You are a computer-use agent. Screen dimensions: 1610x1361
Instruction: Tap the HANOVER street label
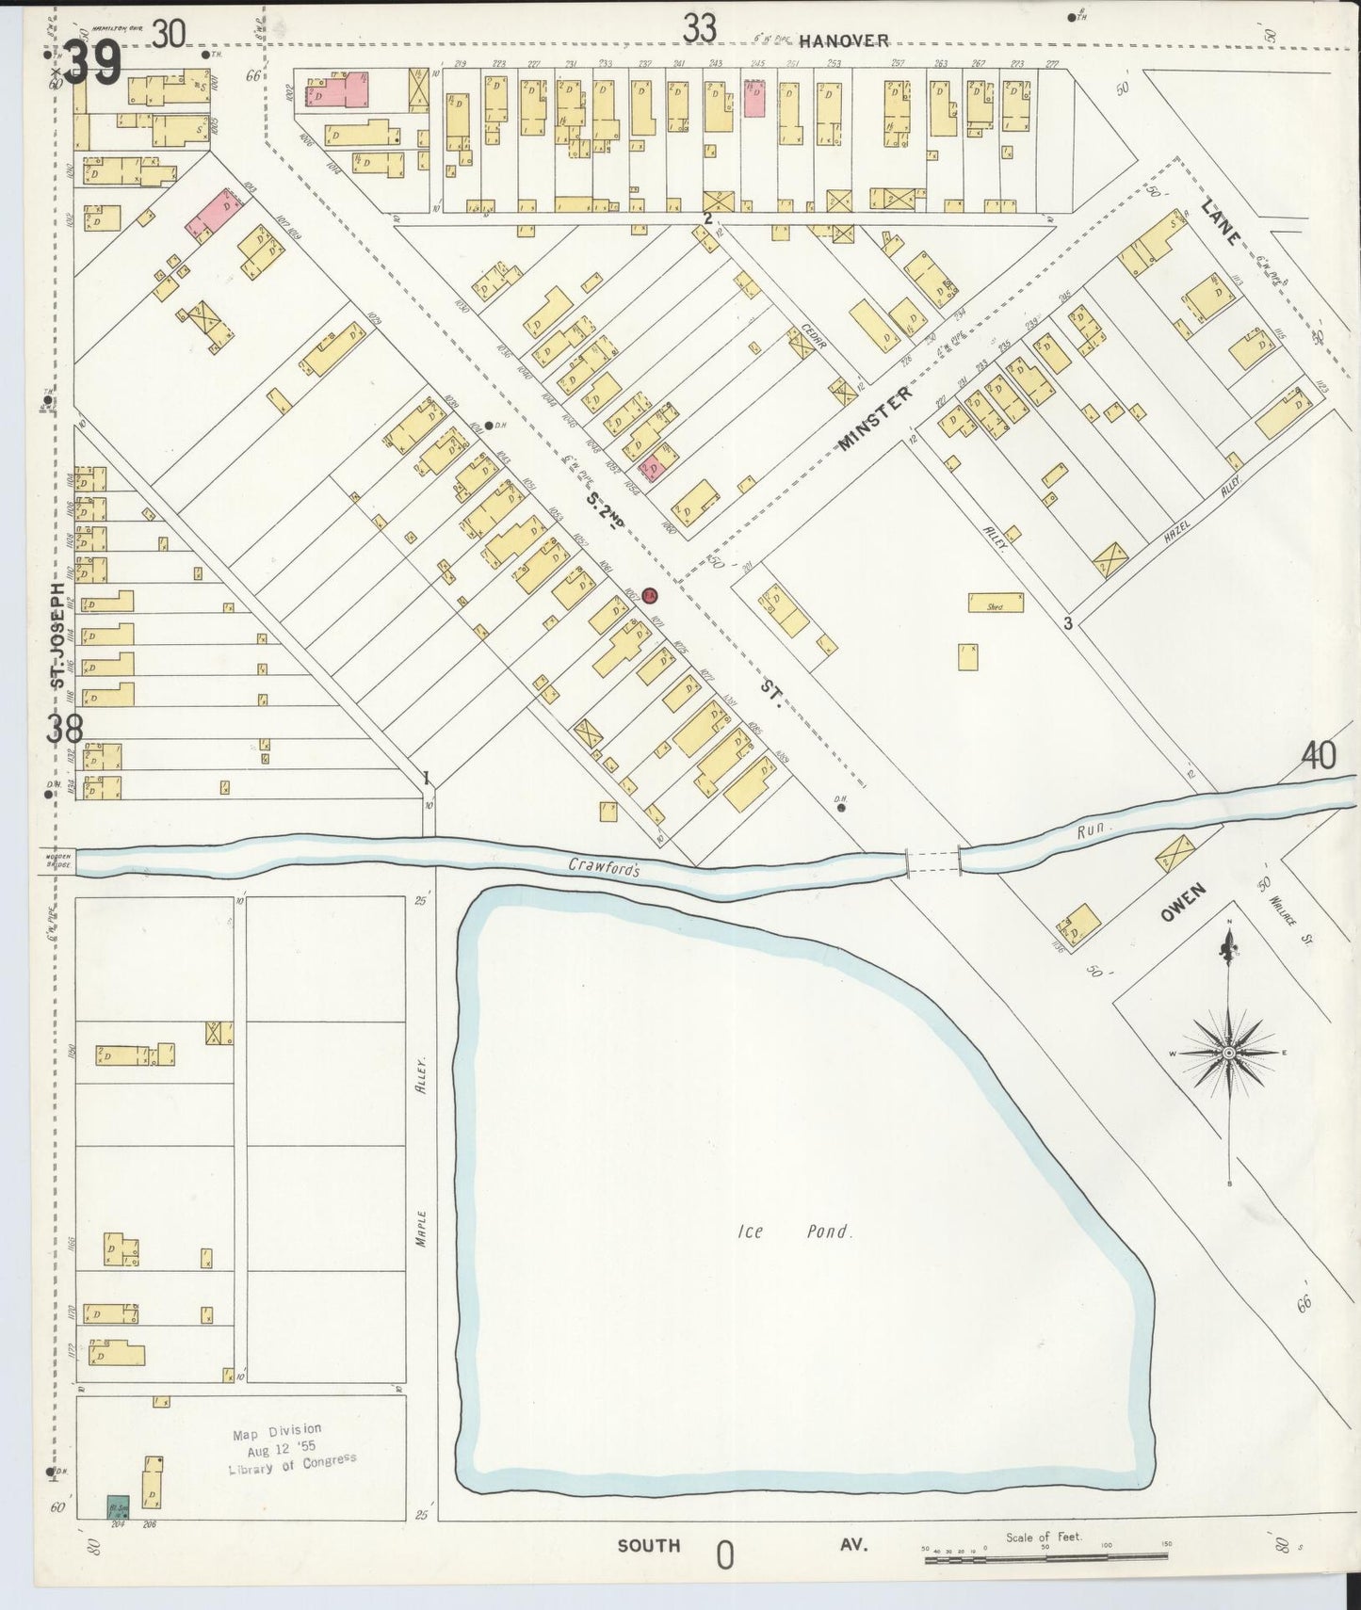point(844,40)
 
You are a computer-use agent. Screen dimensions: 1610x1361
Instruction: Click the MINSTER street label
point(875,419)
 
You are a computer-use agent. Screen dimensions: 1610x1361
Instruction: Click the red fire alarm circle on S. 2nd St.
point(649,595)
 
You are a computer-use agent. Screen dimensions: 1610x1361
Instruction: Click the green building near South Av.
point(118,1505)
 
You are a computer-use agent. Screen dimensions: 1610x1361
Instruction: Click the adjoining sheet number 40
point(1319,755)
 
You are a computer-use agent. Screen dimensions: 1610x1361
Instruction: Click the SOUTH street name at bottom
point(649,1545)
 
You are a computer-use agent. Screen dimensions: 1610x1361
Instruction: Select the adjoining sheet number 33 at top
point(700,29)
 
